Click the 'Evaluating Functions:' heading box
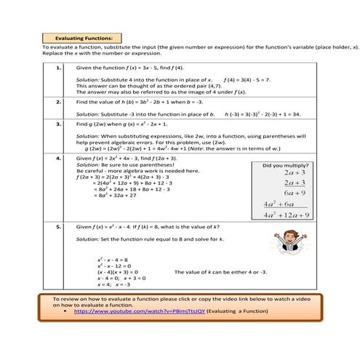[x=81, y=39]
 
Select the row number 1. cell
[x=57, y=66]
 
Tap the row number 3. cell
[x=57, y=124]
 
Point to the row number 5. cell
[x=57, y=227]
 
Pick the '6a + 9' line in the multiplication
[x=299, y=193]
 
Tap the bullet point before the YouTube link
[x=66, y=311]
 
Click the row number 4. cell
[x=57, y=157]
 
